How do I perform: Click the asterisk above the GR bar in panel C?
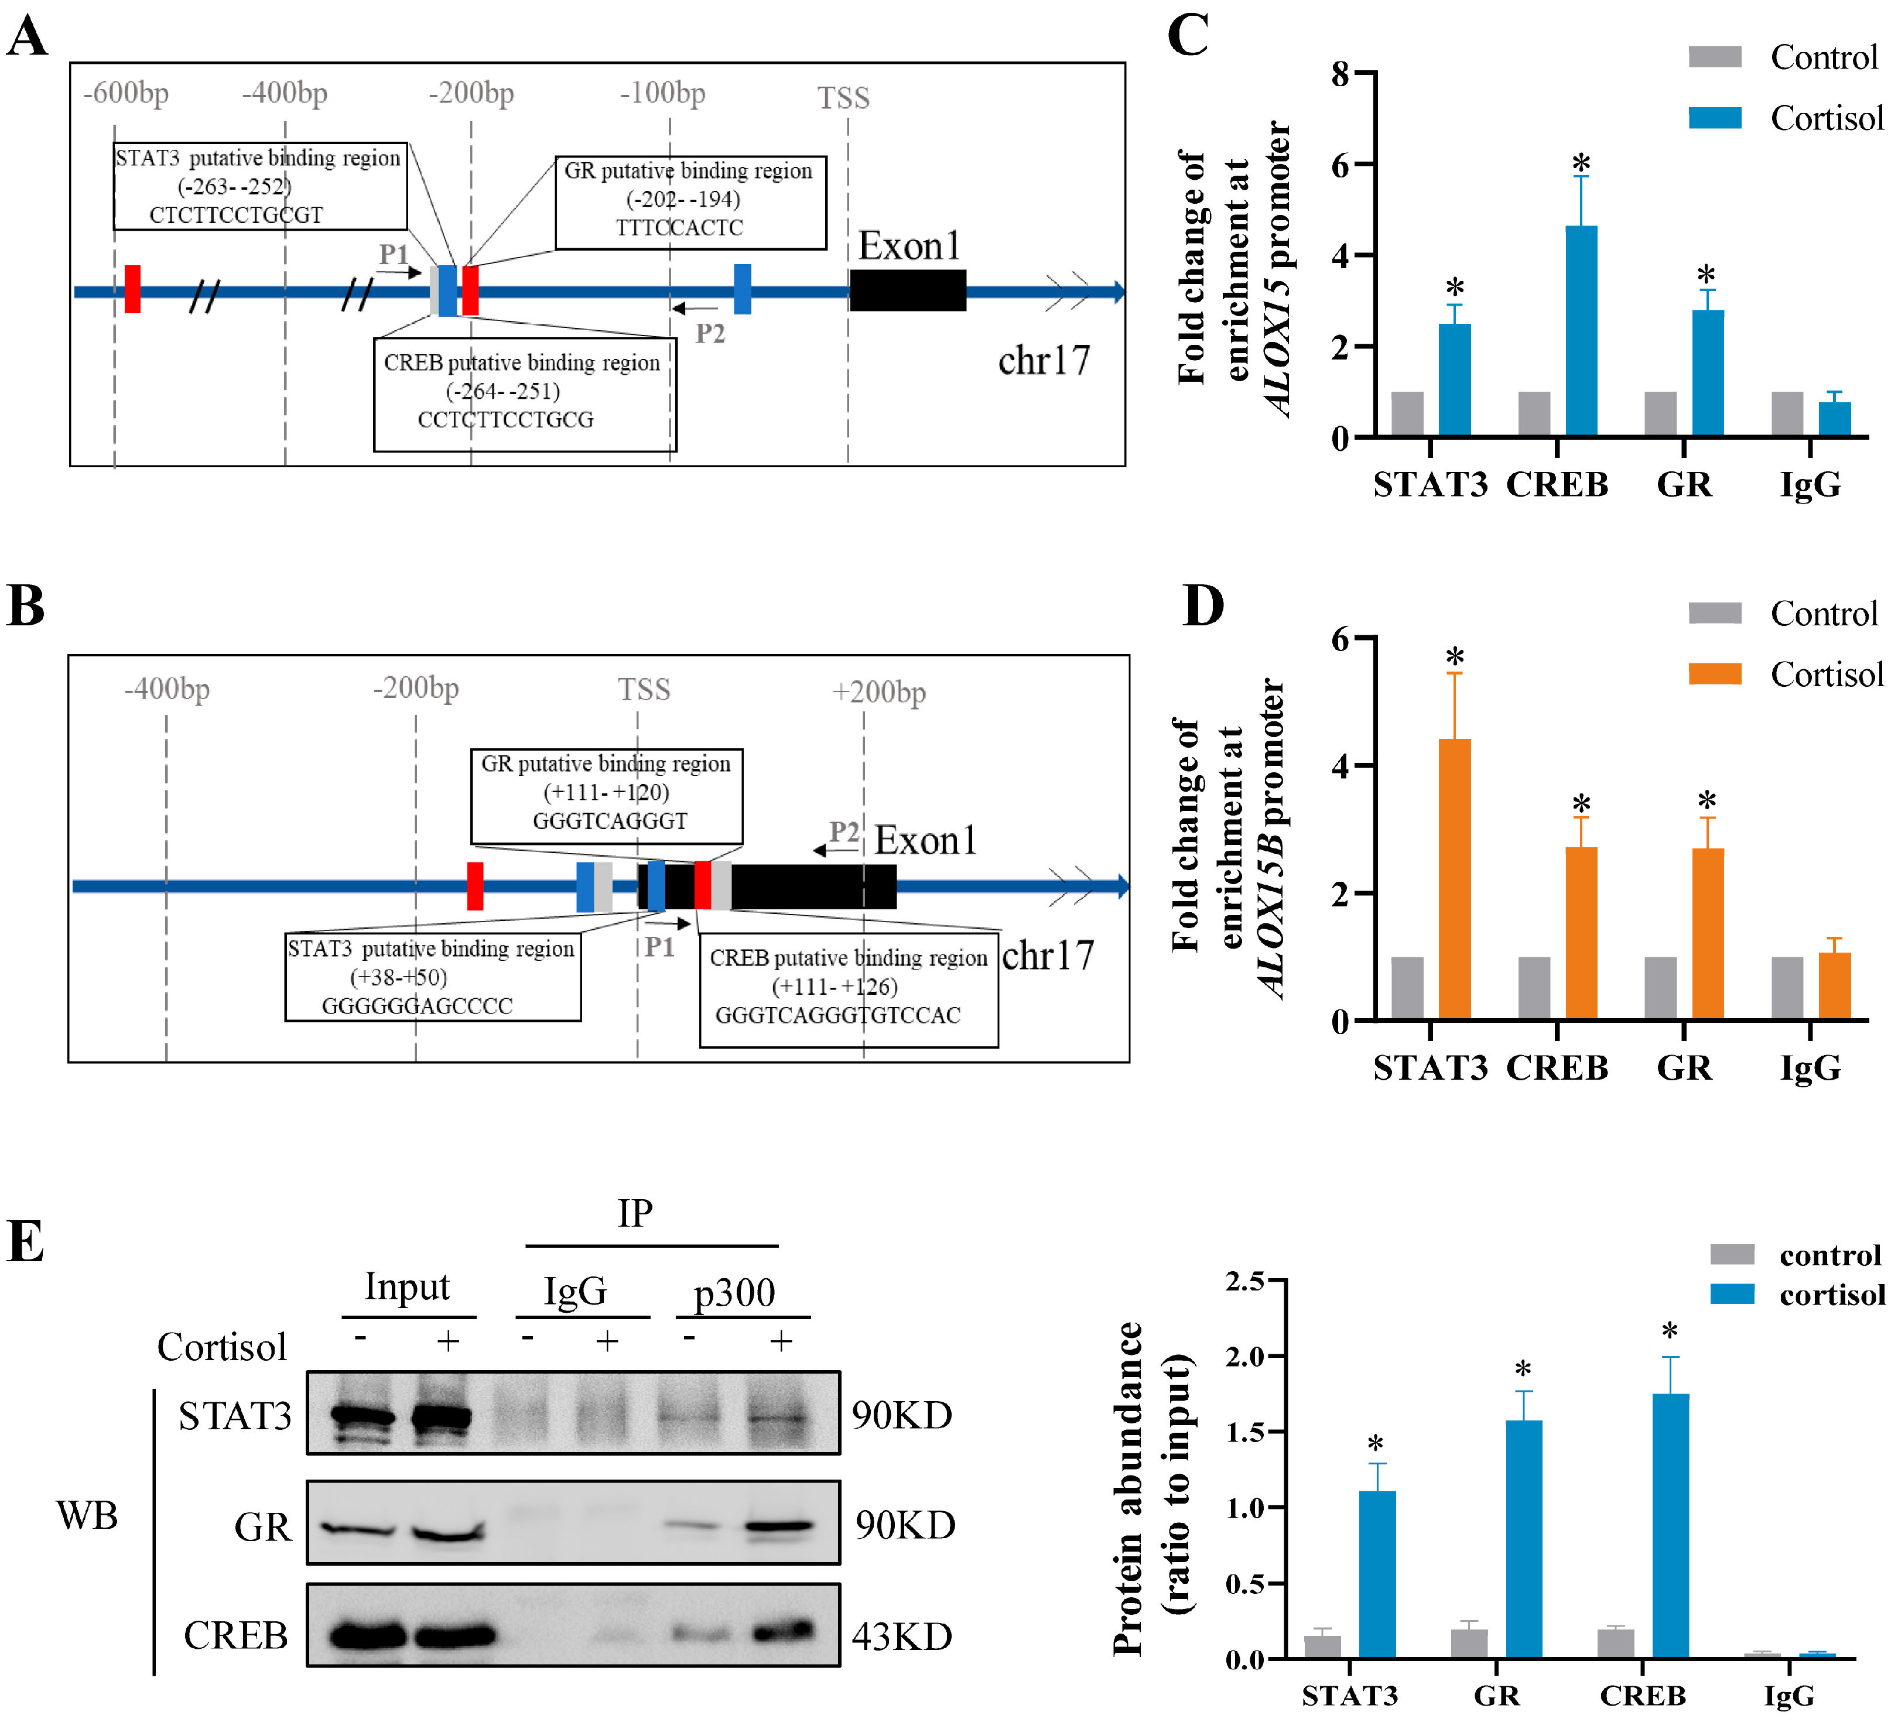coord(1706,275)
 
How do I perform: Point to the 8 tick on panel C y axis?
coord(1340,73)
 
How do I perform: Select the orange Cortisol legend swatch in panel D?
coord(1715,674)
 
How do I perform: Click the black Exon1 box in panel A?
coord(908,290)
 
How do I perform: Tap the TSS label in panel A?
coord(843,98)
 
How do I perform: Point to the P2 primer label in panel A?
coord(710,333)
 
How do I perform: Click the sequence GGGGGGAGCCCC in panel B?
coord(417,1005)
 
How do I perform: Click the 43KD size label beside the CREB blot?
coord(902,1637)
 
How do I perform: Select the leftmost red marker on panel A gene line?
coord(133,289)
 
